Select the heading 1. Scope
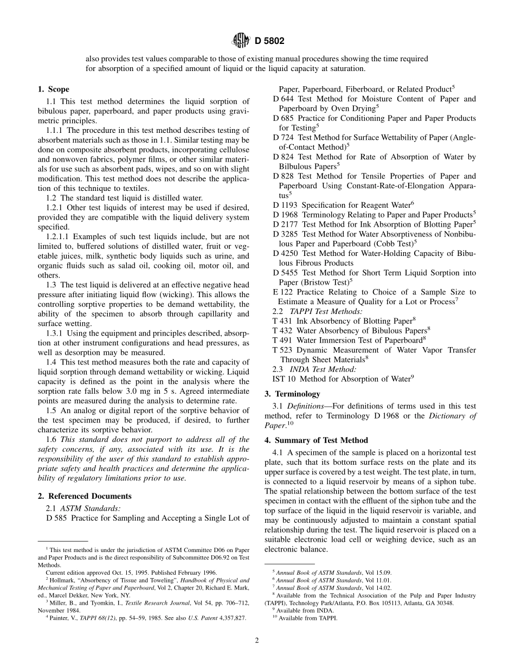[x=53, y=89]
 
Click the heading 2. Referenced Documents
[x=84, y=496]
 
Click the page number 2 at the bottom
[x=257, y=640]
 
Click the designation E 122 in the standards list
[x=282, y=292]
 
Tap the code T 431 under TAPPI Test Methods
[x=282, y=321]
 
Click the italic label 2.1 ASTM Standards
[x=83, y=508]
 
